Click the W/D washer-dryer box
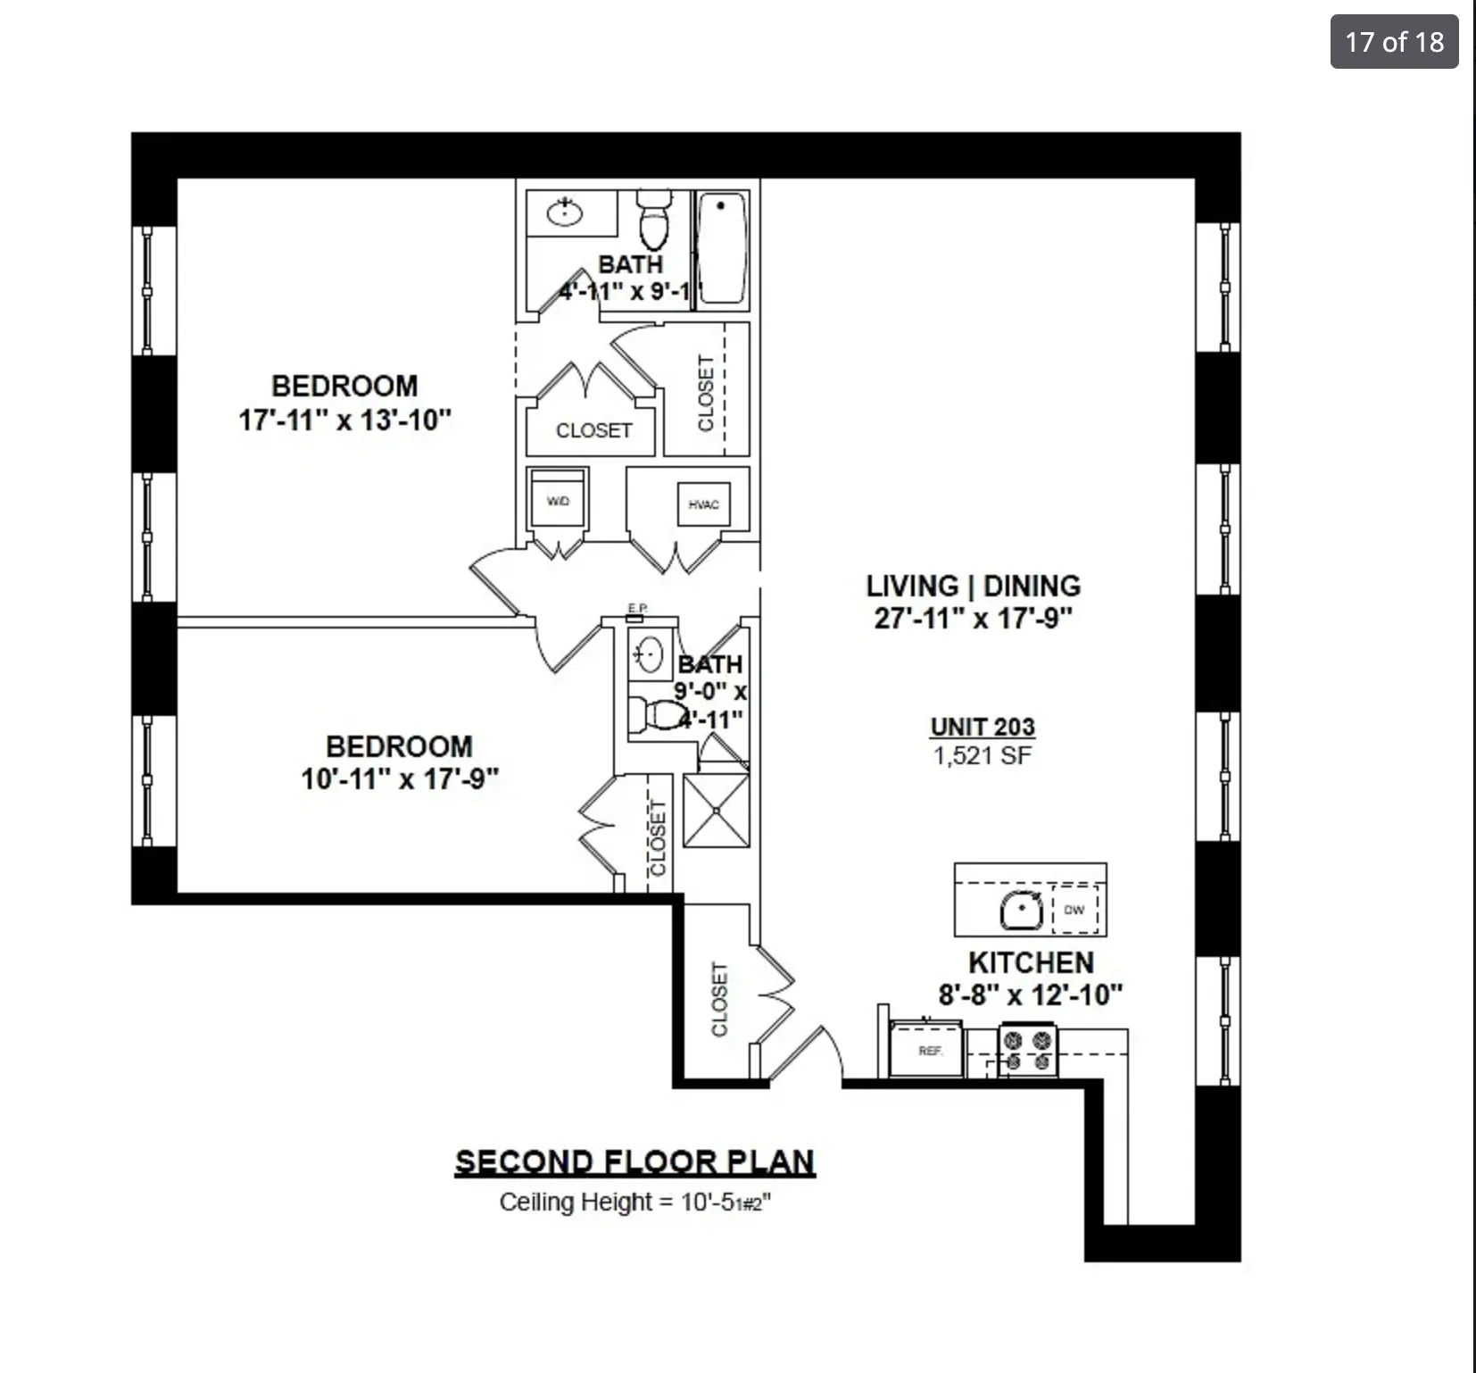point(558,501)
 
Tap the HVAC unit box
point(703,504)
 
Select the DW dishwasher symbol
point(1074,910)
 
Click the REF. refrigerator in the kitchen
point(929,1051)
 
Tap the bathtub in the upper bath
point(721,249)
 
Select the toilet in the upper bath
point(655,221)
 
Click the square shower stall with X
point(716,811)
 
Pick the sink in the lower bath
point(649,653)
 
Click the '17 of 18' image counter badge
point(1394,42)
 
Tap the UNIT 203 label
point(983,728)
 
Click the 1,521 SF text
point(983,756)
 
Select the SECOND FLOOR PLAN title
point(634,1161)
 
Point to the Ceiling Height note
point(634,1202)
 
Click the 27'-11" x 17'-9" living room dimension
point(973,618)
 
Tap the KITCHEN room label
point(1031,962)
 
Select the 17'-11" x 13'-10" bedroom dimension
point(344,420)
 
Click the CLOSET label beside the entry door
point(719,999)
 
